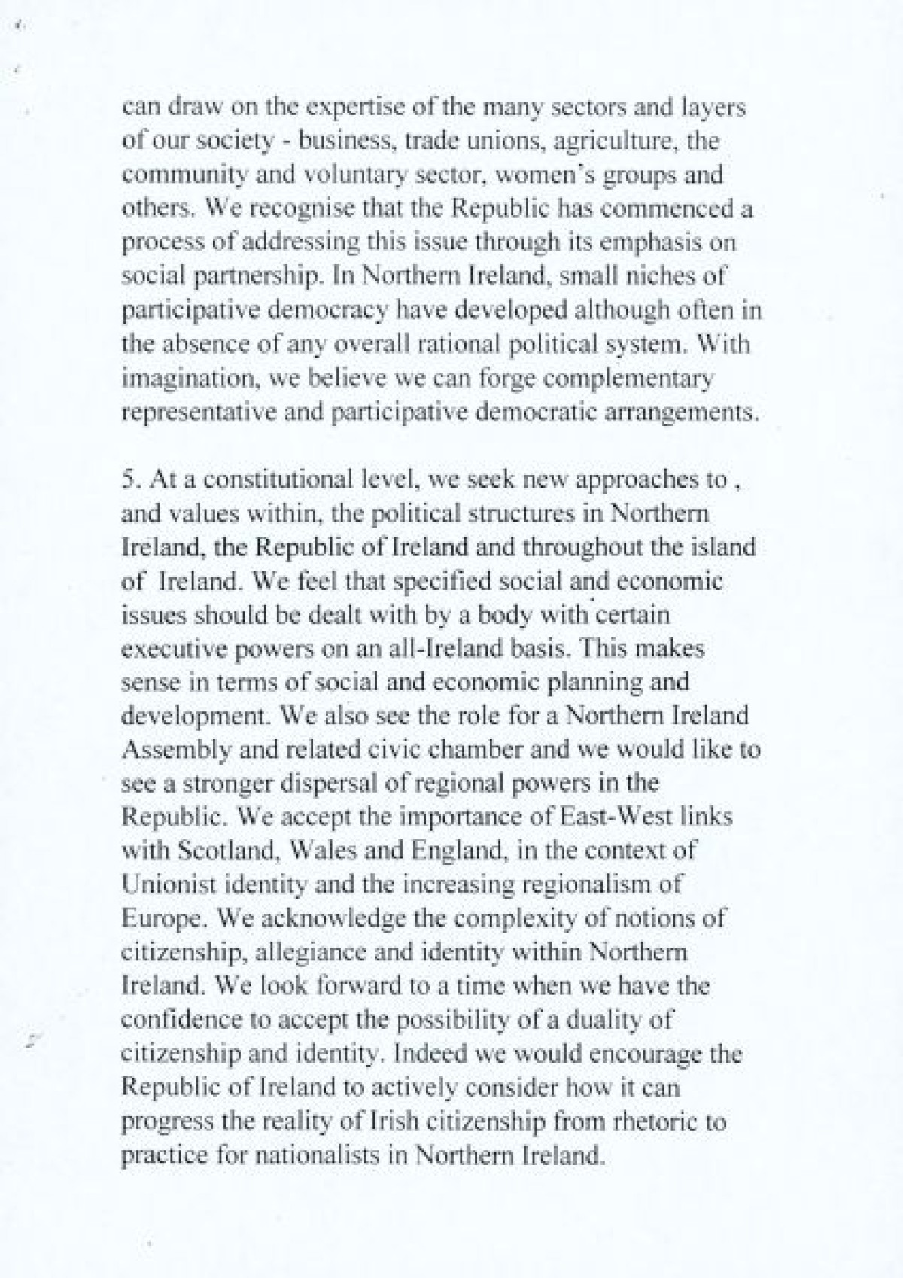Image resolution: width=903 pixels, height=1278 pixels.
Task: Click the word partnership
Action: pos(256,277)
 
